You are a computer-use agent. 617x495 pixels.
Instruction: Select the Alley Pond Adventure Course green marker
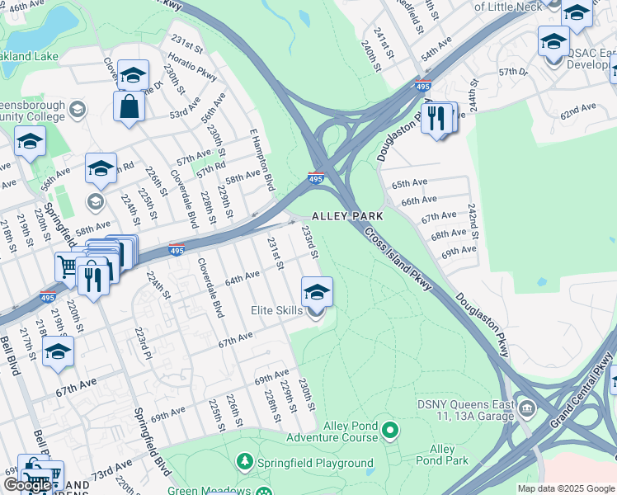coord(392,430)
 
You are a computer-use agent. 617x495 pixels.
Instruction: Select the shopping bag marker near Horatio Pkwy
coord(130,106)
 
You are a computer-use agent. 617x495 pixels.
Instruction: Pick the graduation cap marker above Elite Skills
coord(317,290)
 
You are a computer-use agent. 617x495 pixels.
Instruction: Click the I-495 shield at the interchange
coord(316,177)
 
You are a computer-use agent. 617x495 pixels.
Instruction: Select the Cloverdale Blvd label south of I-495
coord(210,287)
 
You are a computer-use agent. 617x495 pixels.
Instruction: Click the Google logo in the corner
coord(28,484)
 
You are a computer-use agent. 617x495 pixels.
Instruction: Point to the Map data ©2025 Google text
coord(566,488)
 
